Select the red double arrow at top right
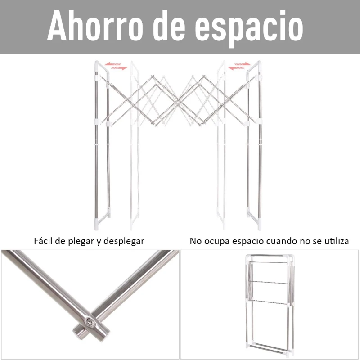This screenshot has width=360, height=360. coord(239,67)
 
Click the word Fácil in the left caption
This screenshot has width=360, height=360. coord(44,241)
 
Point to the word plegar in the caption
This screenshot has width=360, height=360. coord(81,242)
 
